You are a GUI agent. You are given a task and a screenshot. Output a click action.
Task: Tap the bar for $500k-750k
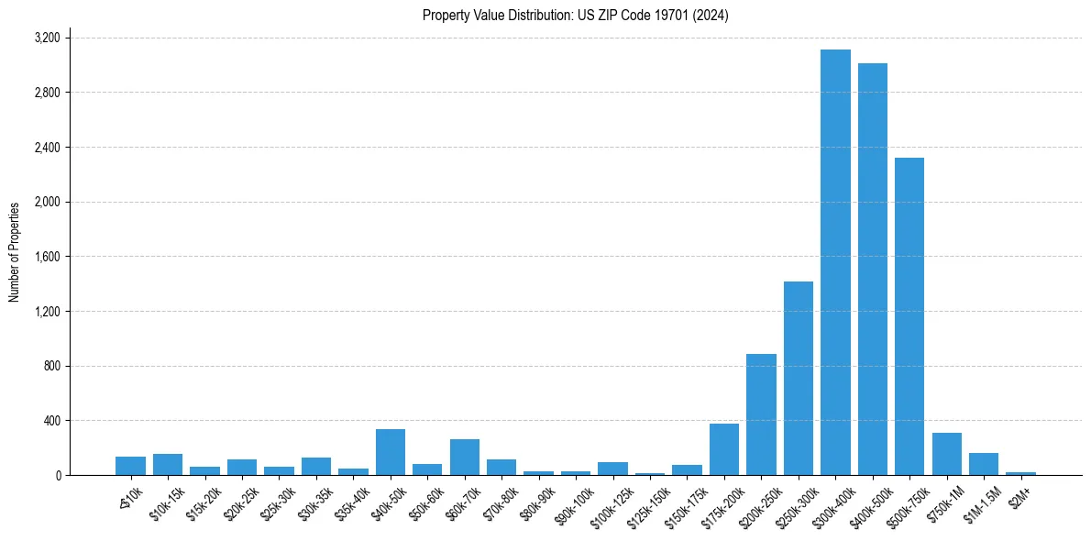909,316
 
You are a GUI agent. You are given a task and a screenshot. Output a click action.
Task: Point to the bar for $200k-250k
761,414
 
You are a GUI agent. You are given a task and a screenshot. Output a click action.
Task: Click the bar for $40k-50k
391,452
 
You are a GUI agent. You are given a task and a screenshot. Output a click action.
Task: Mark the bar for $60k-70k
465,457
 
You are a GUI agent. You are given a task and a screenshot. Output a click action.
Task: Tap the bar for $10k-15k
168,464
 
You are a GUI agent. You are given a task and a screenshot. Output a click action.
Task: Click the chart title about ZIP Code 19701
576,16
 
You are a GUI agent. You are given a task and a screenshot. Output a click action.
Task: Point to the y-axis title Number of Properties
15,252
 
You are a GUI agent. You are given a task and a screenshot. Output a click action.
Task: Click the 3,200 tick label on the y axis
47,39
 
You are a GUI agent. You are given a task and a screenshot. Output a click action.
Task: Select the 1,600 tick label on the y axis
47,257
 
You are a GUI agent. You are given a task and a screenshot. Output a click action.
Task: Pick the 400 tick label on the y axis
51,421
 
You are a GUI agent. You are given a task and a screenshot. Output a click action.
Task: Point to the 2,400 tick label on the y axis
47,148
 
